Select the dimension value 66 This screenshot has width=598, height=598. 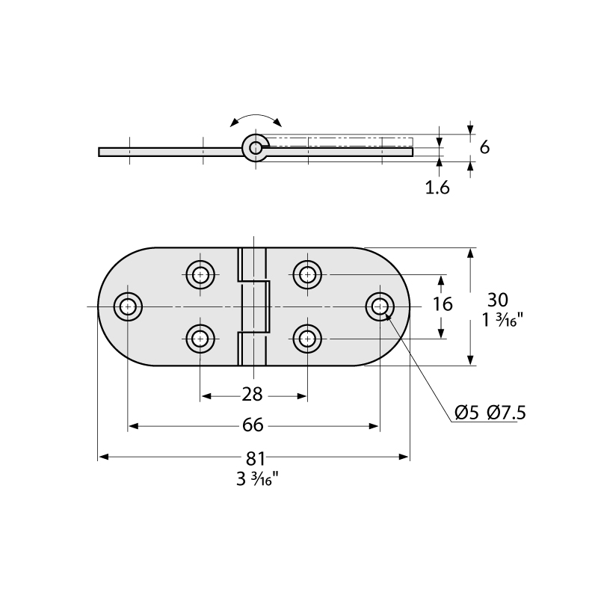point(253,425)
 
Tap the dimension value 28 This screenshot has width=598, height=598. point(253,395)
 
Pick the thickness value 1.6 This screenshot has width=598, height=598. point(437,188)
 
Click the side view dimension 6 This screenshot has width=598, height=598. point(484,147)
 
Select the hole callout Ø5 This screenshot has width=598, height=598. point(466,413)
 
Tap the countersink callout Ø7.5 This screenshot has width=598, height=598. point(505,413)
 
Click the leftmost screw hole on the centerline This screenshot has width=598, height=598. point(128,306)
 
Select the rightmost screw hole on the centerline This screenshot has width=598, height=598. point(380,306)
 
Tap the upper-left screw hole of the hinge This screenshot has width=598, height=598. point(200,274)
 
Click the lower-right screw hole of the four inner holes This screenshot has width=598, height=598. point(307,339)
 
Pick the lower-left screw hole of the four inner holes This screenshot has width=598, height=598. point(200,339)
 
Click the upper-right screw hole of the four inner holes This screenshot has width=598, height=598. point(307,274)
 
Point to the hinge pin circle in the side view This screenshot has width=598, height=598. point(256,148)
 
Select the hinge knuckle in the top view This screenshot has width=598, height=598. point(253,306)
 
